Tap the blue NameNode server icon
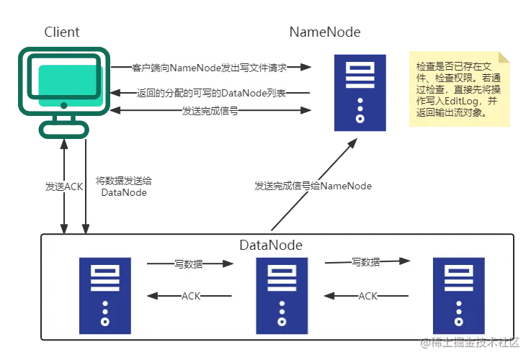coord(360,91)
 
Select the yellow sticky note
coord(460,89)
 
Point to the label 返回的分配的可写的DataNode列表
coord(210,94)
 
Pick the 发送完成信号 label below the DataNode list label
coord(210,112)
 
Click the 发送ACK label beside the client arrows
coord(64,186)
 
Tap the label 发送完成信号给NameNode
coord(314,186)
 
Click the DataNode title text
coord(270,246)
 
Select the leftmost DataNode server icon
coord(105,295)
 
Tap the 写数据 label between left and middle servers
coord(189,264)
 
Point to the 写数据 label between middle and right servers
coord(366,262)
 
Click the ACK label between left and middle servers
coord(191,296)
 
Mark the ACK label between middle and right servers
coord(368,296)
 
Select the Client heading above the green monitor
coord(59,31)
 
